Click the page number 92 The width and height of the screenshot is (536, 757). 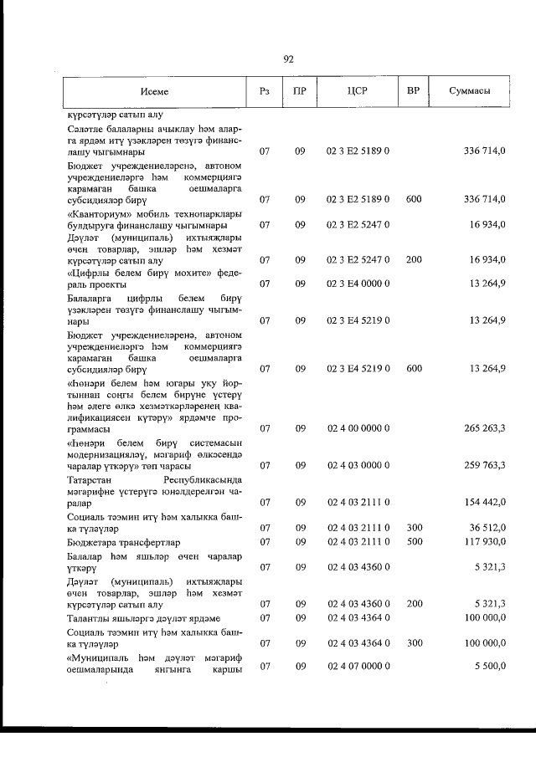tap(288, 59)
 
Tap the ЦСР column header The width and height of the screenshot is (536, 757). tap(357, 91)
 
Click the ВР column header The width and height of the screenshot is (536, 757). tap(412, 90)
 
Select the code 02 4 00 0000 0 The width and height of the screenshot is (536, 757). tap(357, 428)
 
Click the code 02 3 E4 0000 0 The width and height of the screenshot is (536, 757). tap(357, 284)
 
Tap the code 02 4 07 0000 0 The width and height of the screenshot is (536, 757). tap(357, 666)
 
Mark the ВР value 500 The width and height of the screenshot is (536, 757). tap(412, 541)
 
